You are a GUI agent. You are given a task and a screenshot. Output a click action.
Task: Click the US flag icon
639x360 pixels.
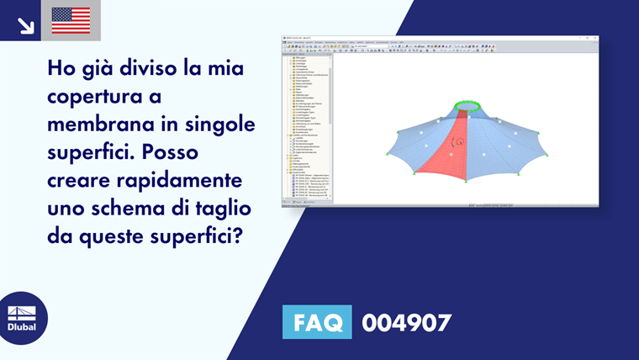71,20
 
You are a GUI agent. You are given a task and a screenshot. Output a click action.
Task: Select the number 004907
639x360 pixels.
406,322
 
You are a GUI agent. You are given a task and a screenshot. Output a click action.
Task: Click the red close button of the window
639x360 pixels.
594,38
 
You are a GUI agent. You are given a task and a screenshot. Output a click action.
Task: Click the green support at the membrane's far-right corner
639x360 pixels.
548,156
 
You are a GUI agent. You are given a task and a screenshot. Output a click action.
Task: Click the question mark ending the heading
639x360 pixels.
244,236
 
